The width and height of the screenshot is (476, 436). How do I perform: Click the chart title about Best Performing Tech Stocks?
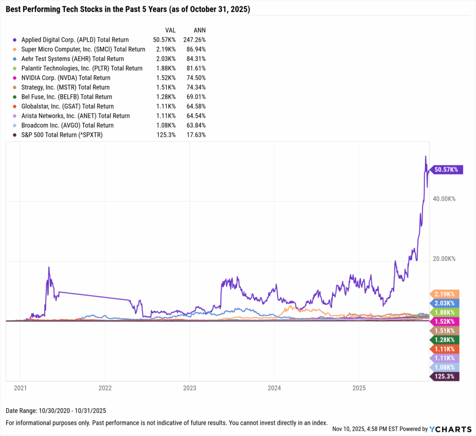128,9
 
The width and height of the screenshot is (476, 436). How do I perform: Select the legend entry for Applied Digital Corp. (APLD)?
75,40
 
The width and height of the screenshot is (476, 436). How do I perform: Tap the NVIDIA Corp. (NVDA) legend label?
66,78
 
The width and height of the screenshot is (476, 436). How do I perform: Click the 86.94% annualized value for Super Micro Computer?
195,49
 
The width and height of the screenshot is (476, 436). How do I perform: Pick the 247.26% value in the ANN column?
194,40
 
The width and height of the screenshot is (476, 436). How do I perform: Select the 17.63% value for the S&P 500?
195,135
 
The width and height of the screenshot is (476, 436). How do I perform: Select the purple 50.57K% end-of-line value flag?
445,170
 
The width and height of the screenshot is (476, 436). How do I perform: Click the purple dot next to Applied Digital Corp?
15,40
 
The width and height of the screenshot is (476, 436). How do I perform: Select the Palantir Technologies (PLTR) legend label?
82,68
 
